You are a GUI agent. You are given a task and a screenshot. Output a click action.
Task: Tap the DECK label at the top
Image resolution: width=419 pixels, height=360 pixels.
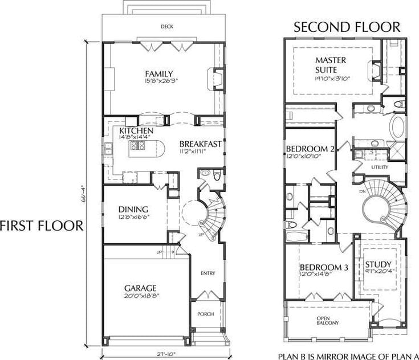[x=166, y=26]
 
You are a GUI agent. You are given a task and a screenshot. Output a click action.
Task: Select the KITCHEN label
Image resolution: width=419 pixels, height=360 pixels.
[x=136, y=131]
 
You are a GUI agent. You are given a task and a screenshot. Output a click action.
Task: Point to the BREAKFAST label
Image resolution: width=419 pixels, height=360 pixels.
[x=200, y=144]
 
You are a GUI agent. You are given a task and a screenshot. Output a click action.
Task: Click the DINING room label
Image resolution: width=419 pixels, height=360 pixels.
[x=133, y=209]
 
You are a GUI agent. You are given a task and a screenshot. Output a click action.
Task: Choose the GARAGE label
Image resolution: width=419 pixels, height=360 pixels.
[x=140, y=288]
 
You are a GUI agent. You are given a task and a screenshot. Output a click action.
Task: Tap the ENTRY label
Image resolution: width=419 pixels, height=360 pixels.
[x=208, y=273]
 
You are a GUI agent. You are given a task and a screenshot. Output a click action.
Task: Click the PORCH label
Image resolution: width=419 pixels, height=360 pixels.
[x=205, y=314]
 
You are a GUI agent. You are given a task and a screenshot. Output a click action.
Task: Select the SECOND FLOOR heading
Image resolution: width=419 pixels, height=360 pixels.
[x=347, y=27]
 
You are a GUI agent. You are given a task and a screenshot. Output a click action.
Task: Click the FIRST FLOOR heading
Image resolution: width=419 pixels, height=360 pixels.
[x=42, y=226]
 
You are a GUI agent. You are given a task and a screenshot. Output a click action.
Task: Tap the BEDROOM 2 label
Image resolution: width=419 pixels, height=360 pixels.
[x=311, y=149]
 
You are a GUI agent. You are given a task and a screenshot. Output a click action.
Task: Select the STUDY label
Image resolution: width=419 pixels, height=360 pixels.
[x=378, y=264]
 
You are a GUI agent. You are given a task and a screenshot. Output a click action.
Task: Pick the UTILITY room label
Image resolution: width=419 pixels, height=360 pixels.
[x=380, y=167]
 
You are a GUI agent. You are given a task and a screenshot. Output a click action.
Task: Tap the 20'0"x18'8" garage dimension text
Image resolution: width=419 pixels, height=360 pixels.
[x=140, y=296]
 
